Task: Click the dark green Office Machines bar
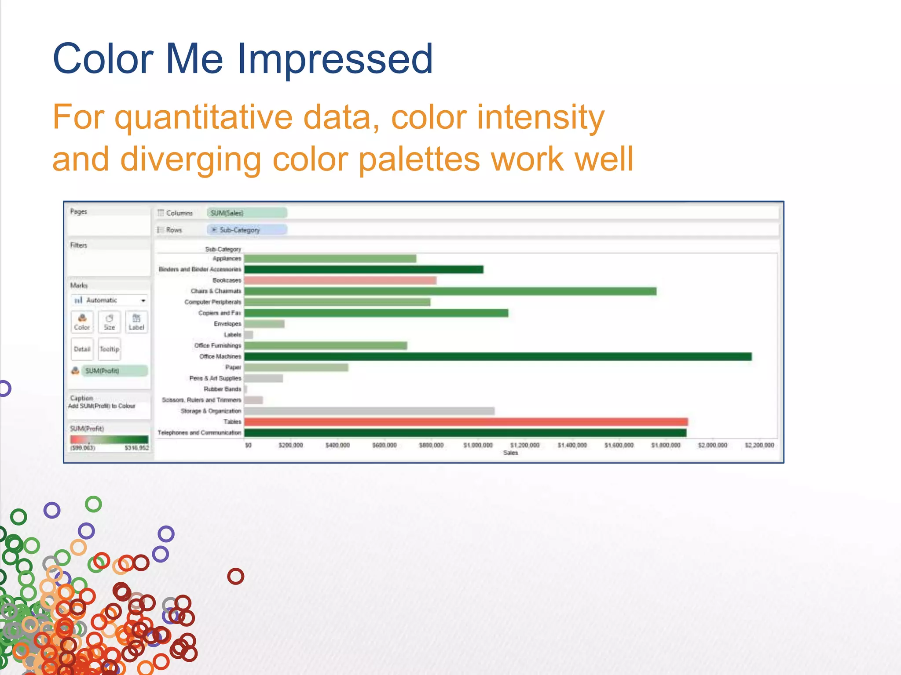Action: [497, 356]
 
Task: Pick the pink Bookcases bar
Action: [340, 280]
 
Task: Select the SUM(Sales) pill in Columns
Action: [247, 213]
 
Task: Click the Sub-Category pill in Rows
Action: [247, 230]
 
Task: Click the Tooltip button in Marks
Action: [109, 349]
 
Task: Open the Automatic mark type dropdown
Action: [143, 301]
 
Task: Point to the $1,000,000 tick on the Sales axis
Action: [478, 445]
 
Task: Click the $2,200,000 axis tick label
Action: [759, 445]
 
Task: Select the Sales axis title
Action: [510, 453]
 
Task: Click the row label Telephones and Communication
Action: [199, 433]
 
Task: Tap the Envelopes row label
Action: [227, 324]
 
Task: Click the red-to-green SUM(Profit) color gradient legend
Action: [109, 439]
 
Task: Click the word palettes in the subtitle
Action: [419, 159]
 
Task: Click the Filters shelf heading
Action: [79, 245]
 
